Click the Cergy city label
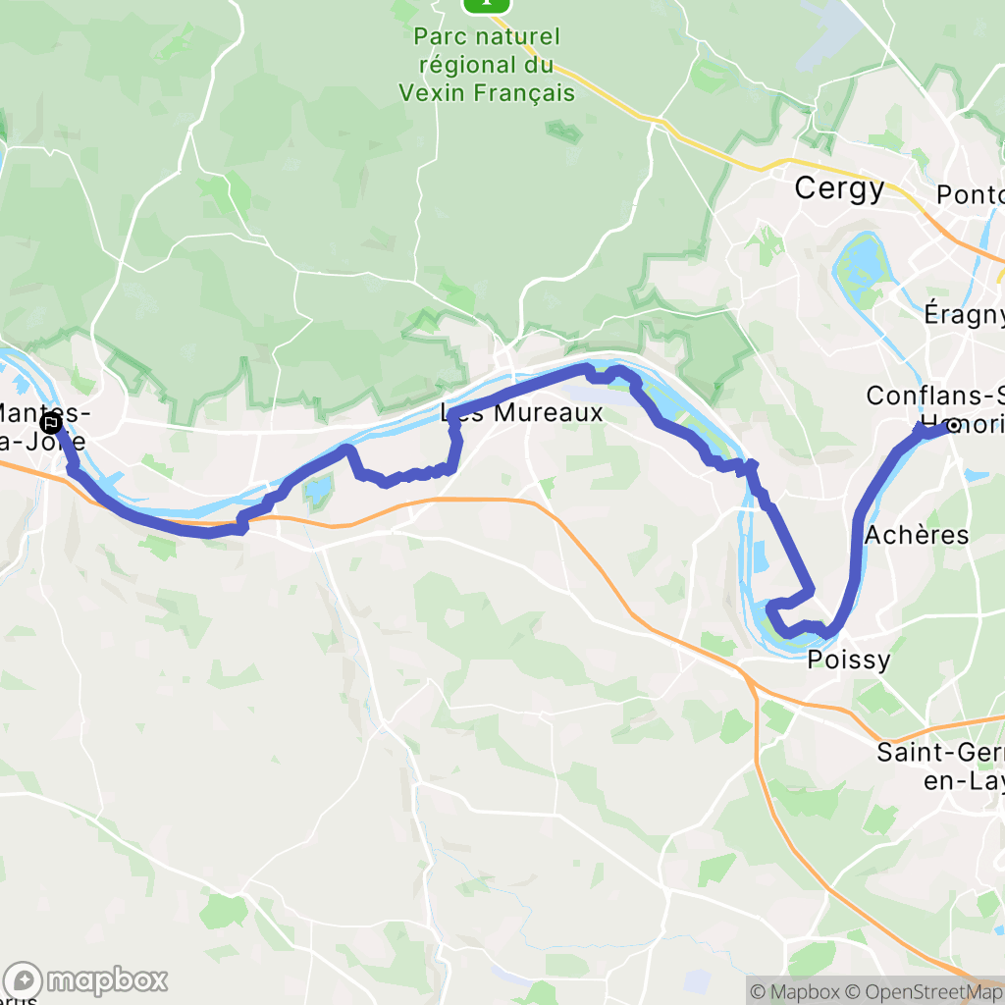(x=839, y=188)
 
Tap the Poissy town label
(x=848, y=660)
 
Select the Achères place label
(x=917, y=536)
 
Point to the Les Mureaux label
(x=522, y=413)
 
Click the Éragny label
(x=964, y=314)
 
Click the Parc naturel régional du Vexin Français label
(x=487, y=65)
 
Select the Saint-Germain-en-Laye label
(x=940, y=767)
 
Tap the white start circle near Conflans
(x=951, y=426)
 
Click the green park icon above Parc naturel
(x=487, y=5)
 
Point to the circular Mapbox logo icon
(x=24, y=979)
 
